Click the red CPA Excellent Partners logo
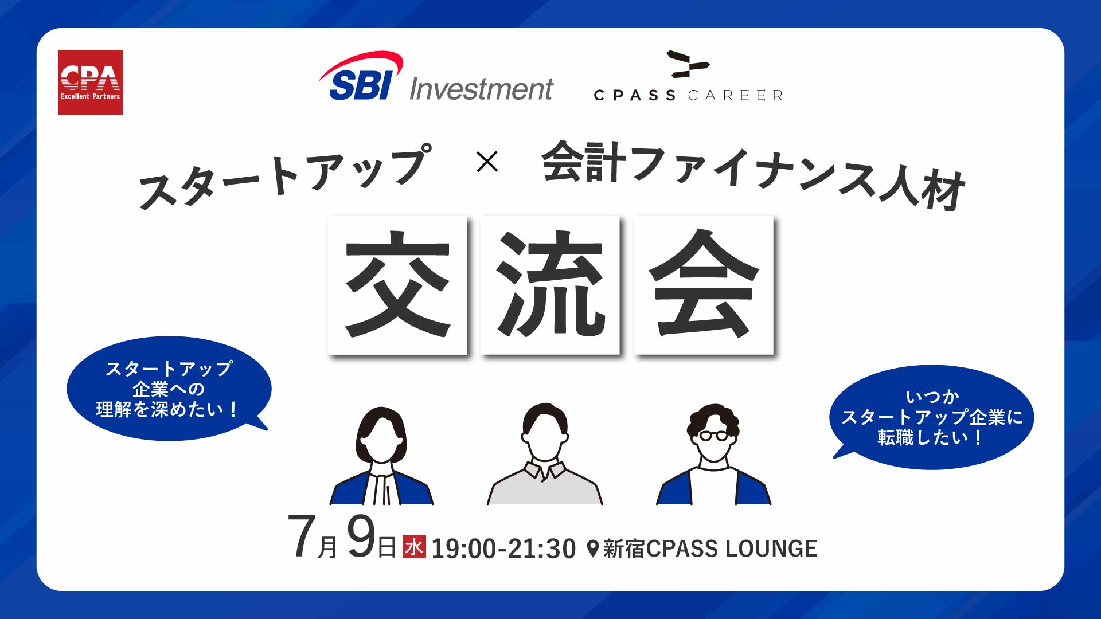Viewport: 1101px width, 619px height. tap(90, 82)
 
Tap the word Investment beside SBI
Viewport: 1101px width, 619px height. tap(481, 89)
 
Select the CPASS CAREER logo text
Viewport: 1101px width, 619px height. tap(688, 95)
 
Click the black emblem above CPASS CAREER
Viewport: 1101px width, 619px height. tap(688, 64)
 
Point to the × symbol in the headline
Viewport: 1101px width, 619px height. tap(487, 162)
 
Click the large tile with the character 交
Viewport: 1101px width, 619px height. tap(397, 284)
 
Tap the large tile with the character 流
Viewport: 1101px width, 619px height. tap(550, 284)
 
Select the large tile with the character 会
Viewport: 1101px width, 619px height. tap(704, 284)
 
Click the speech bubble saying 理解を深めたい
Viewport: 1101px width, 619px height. tap(169, 389)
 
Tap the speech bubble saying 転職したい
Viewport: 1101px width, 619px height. tap(931, 417)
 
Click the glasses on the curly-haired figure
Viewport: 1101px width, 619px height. tap(713, 436)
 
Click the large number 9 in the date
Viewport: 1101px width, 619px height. tap(361, 536)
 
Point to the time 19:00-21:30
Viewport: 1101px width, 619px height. tap(503, 549)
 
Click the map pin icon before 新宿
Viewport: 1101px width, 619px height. tap(593, 549)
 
